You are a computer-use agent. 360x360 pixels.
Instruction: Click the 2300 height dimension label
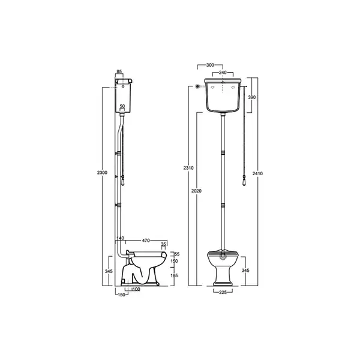click(102, 173)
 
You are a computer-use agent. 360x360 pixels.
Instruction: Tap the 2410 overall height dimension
click(257, 173)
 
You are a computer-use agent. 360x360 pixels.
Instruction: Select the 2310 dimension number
click(188, 168)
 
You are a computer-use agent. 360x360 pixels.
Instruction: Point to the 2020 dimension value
click(197, 191)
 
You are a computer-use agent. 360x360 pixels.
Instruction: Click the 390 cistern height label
click(252, 97)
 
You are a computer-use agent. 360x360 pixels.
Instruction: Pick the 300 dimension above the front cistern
click(210, 65)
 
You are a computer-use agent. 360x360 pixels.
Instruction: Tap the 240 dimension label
click(223, 73)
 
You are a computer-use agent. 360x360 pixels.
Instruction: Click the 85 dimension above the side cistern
click(119, 71)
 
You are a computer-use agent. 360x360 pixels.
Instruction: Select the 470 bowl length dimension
click(146, 241)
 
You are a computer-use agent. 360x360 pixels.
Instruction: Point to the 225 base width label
click(223, 292)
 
